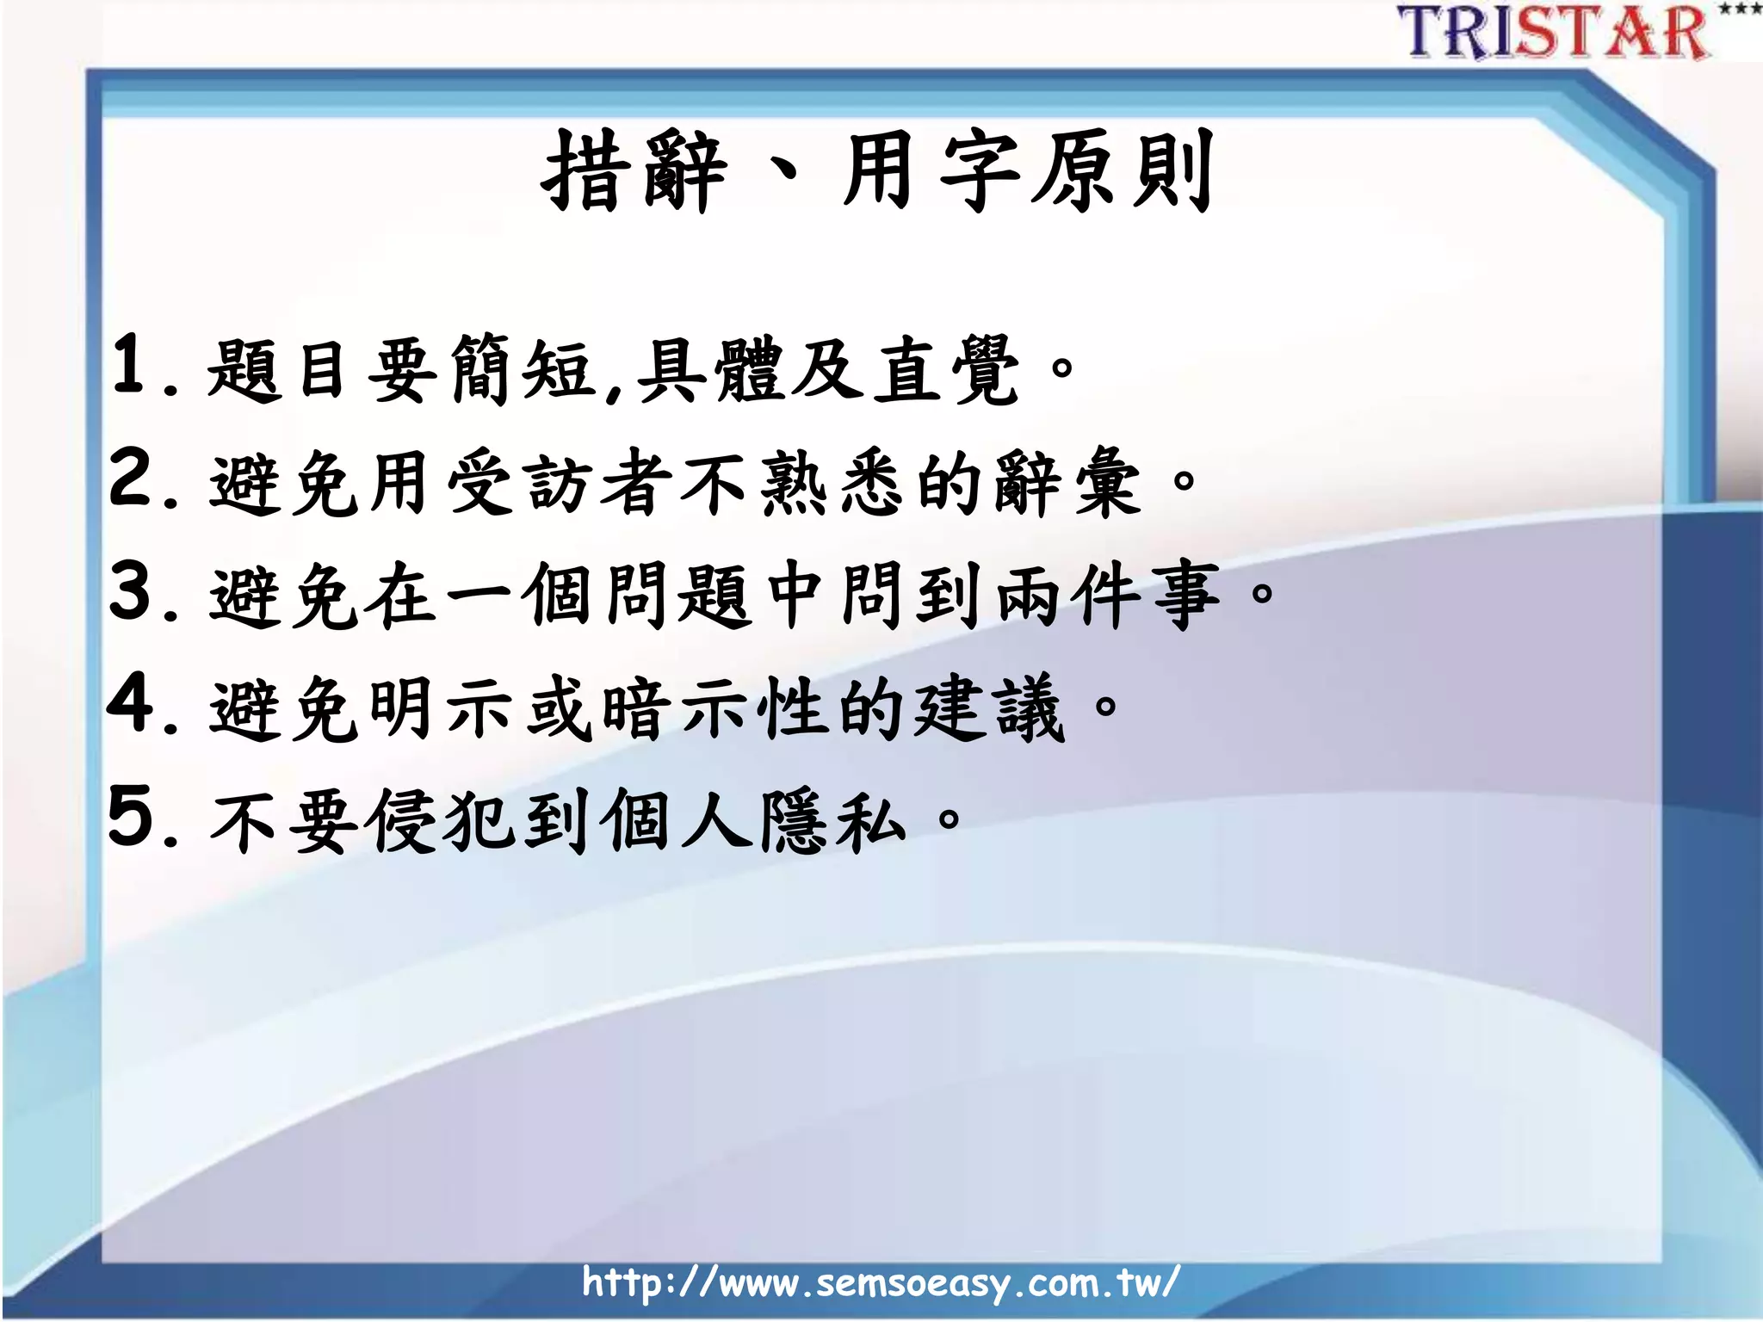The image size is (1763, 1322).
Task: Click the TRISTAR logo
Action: tap(1555, 33)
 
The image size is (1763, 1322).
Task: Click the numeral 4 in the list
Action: tap(131, 703)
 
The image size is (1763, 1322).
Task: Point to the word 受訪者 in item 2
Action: tap(560, 483)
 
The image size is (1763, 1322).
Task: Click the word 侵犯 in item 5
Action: tap(439, 821)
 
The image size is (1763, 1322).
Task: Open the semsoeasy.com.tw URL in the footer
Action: tap(881, 1282)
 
